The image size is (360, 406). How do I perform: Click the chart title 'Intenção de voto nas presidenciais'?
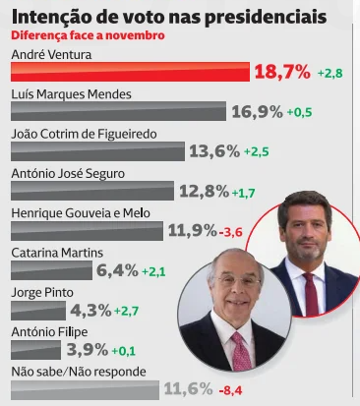click(x=169, y=16)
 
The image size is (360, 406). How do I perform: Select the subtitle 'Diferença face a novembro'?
click(x=88, y=34)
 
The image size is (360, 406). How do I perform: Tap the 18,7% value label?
click(x=282, y=72)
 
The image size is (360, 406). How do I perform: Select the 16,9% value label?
click(x=257, y=112)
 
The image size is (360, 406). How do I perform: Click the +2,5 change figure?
click(x=256, y=152)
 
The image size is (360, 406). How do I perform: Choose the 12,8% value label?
click(x=203, y=191)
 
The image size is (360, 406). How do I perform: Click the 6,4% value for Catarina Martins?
click(x=117, y=269)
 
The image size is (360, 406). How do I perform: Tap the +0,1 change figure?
click(x=124, y=350)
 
